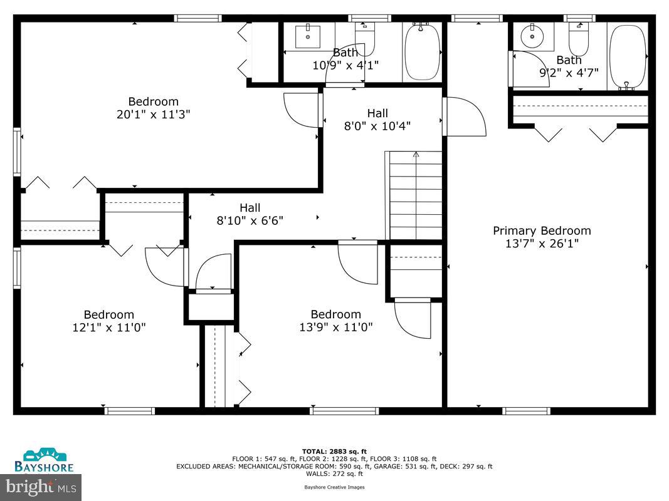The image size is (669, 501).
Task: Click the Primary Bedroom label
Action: point(542,230)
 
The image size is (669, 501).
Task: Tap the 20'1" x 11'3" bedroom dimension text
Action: point(154,115)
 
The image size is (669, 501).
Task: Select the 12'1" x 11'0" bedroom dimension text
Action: point(109,328)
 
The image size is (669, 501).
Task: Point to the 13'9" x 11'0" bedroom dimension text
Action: point(336,327)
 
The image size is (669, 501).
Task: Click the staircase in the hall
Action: point(414,196)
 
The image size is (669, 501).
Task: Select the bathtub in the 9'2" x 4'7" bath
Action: point(628,55)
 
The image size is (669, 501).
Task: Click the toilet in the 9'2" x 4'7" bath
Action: point(578,38)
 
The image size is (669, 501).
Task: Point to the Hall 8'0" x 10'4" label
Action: point(377,119)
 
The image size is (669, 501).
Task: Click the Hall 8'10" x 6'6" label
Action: point(250,214)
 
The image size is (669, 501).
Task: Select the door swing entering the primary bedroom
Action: point(465,118)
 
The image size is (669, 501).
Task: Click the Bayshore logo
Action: point(45,460)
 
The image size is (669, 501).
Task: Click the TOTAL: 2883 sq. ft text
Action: point(334,451)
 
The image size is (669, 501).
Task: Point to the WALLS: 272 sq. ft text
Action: point(334,474)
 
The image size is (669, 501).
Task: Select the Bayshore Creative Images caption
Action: point(334,487)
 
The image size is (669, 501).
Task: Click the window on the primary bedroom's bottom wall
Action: point(526,411)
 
